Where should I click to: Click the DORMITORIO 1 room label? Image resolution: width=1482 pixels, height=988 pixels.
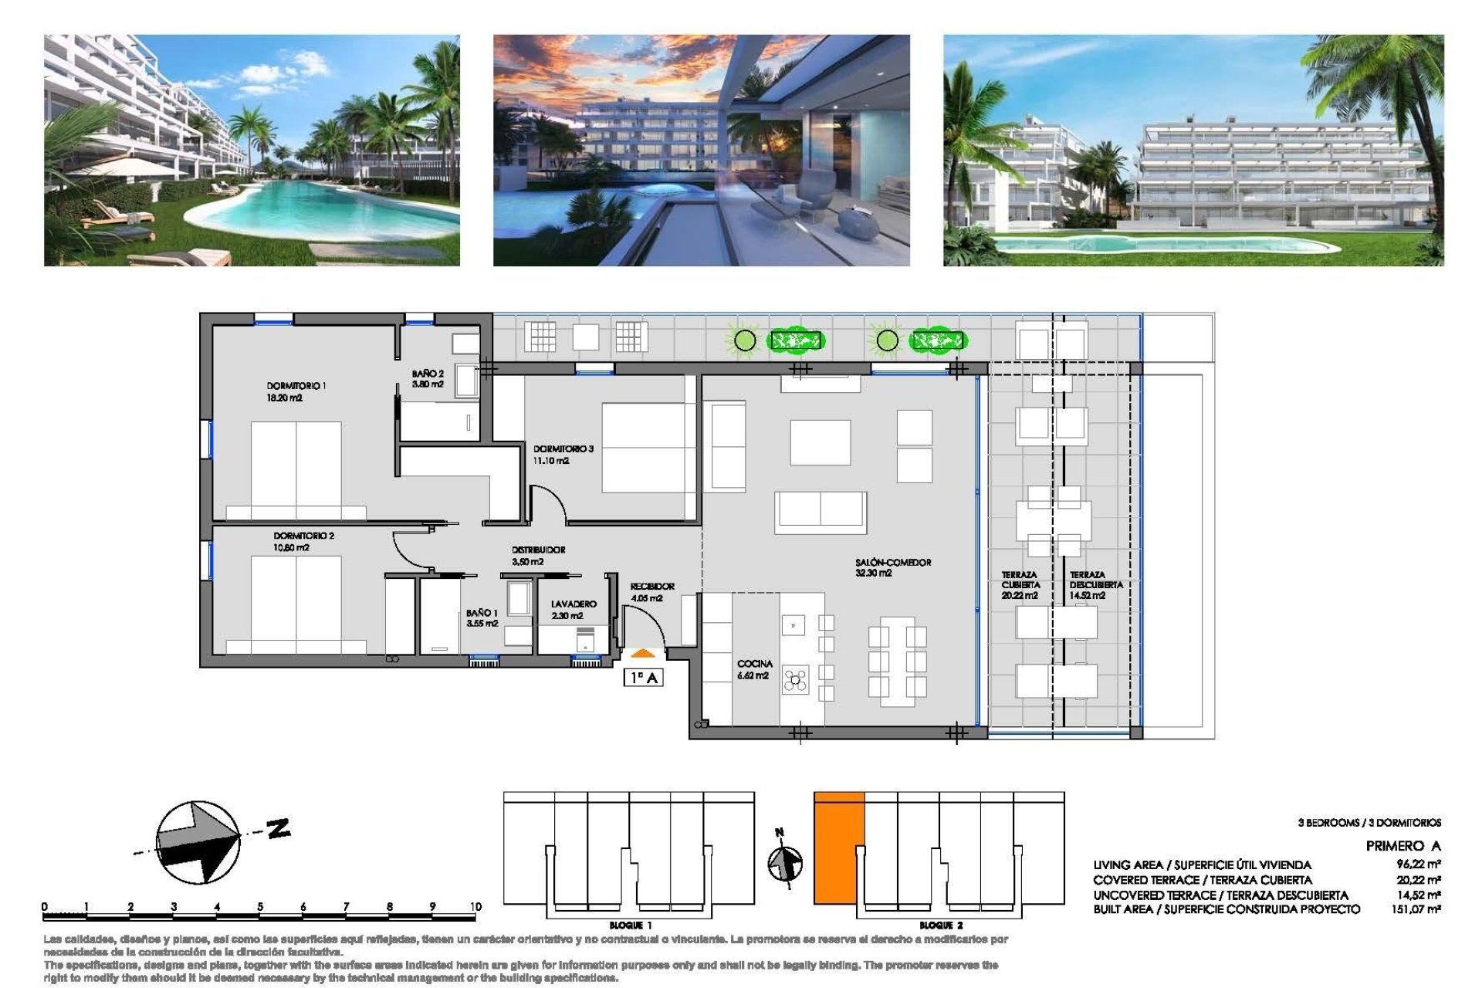[296, 386]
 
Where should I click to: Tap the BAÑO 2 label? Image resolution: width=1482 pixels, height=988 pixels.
[428, 374]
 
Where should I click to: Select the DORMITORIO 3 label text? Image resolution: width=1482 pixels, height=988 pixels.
[563, 448]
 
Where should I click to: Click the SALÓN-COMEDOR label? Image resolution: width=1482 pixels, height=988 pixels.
[893, 563]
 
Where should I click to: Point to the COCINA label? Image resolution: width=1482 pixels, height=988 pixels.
[754, 664]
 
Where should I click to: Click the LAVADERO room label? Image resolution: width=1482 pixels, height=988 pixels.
[574, 604]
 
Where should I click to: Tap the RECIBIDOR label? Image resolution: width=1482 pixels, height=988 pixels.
[652, 587]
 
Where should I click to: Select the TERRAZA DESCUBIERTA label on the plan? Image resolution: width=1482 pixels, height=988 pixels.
[1095, 580]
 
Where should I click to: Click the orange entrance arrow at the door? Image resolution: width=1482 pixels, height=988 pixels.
[642, 654]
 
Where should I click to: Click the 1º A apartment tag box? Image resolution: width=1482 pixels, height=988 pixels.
[643, 678]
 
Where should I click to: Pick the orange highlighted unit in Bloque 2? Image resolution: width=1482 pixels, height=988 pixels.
[838, 848]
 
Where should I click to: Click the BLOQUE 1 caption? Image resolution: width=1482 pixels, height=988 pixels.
[631, 925]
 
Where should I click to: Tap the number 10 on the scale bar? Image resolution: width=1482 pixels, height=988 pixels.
[475, 907]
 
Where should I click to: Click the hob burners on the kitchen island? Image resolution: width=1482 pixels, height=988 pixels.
[795, 680]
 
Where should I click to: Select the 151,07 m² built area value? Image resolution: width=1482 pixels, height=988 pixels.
[1416, 910]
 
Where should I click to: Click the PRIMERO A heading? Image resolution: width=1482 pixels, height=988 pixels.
[1402, 846]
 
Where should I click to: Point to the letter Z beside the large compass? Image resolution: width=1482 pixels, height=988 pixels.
[279, 829]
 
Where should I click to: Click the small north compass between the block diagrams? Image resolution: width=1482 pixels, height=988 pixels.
[785, 862]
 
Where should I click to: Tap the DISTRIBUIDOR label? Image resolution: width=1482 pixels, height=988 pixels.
[538, 550]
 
